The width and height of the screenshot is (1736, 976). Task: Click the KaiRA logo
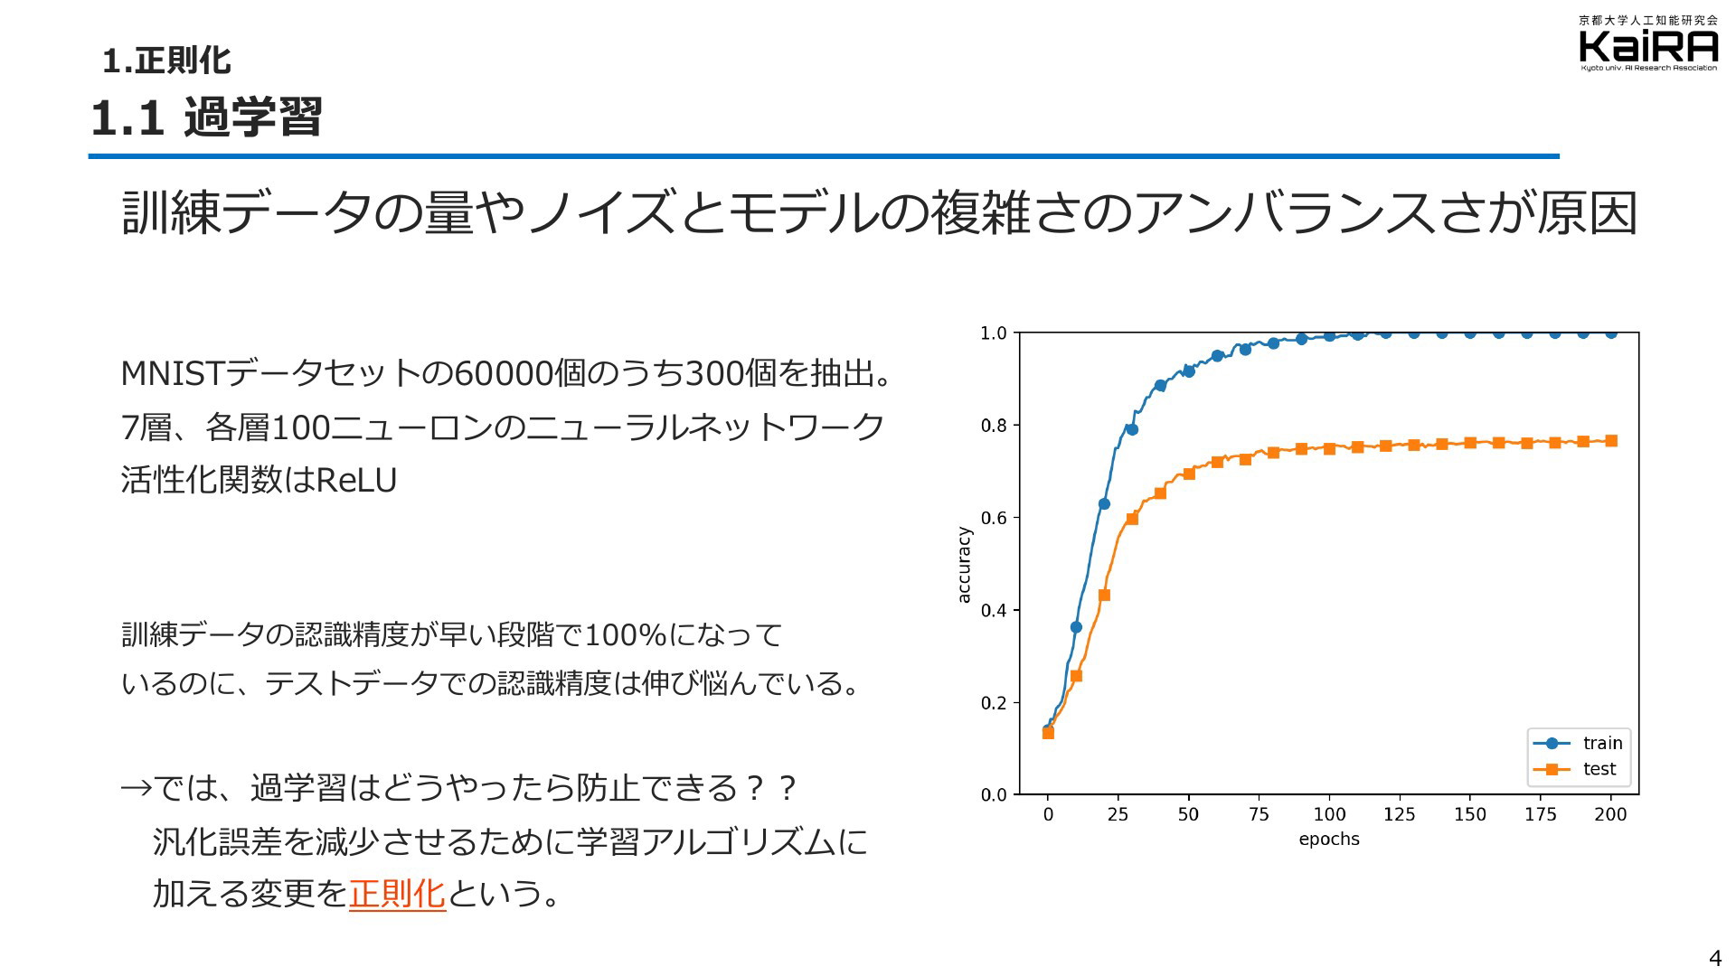pyautogui.click(x=1647, y=42)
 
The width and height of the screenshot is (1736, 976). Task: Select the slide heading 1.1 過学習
pyautogui.click(x=206, y=117)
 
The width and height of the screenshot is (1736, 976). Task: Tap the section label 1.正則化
pyautogui.click(x=166, y=61)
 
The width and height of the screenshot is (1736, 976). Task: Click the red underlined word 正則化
pyautogui.click(x=397, y=893)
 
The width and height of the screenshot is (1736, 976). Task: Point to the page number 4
pyautogui.click(x=1715, y=959)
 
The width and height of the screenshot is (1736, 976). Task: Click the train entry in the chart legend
pyautogui.click(x=1579, y=743)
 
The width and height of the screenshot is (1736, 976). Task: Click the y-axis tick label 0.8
pyautogui.click(x=994, y=426)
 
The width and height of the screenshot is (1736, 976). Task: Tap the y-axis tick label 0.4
pyautogui.click(x=994, y=610)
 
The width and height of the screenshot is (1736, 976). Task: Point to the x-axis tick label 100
pyautogui.click(x=1329, y=814)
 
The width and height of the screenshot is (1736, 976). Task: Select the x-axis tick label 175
pyautogui.click(x=1541, y=814)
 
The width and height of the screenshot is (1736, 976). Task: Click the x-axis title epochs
pyautogui.click(x=1329, y=840)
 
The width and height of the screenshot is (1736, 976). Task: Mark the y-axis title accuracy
pyautogui.click(x=964, y=565)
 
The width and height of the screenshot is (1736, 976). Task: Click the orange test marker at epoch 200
pyautogui.click(x=1611, y=441)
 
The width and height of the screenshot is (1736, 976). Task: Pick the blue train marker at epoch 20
pyautogui.click(x=1104, y=503)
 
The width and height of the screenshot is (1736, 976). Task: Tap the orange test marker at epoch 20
pyautogui.click(x=1104, y=595)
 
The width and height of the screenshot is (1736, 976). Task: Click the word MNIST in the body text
pyautogui.click(x=172, y=373)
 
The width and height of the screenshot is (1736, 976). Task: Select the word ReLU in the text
pyautogui.click(x=357, y=480)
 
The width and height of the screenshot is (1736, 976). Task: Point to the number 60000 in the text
pyautogui.click(x=504, y=373)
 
